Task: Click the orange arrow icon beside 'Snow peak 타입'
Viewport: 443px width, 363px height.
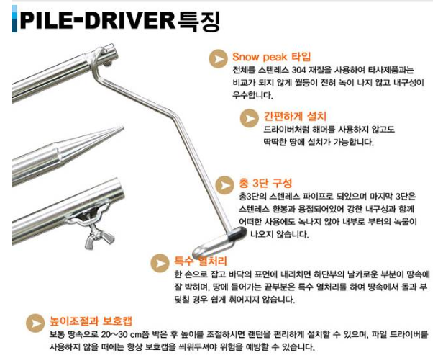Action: pos(216,58)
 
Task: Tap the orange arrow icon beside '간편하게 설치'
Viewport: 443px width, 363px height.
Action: pos(250,117)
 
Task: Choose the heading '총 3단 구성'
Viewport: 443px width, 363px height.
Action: pos(265,181)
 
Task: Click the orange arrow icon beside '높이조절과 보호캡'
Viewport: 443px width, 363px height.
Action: pos(33,322)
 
